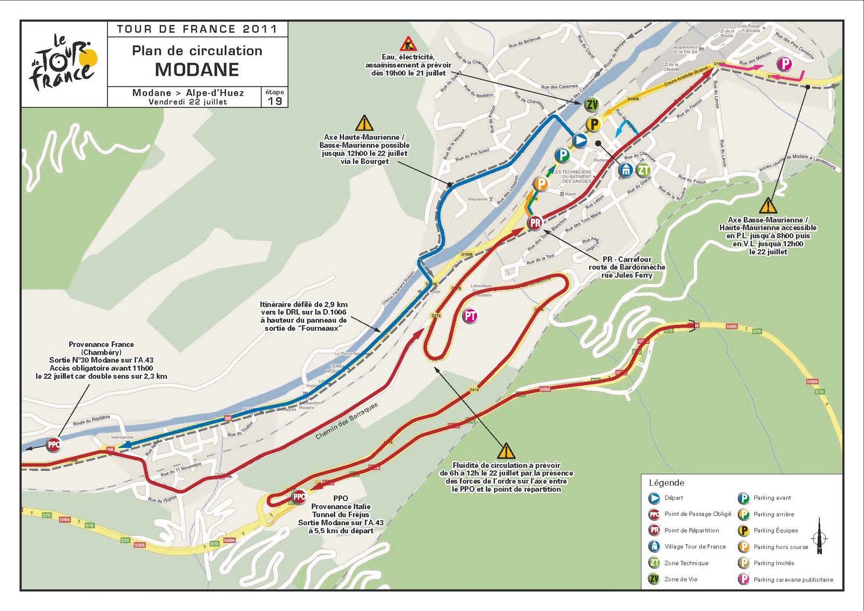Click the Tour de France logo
(64, 64)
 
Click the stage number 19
(275, 101)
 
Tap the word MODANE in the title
(197, 70)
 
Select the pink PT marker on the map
(470, 316)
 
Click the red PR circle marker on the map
(535, 222)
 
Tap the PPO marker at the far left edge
(53, 445)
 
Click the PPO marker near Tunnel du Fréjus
(299, 497)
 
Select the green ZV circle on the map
(592, 105)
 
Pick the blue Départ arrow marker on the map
(579, 141)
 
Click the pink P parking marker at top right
(784, 64)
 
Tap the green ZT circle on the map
(643, 170)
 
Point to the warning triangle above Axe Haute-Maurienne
(364, 123)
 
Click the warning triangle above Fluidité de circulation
(505, 451)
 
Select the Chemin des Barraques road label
(347, 420)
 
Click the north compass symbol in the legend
(819, 537)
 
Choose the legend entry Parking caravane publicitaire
(793, 580)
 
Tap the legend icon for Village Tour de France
(654, 546)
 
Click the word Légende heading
(666, 483)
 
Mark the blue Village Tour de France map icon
(625, 170)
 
